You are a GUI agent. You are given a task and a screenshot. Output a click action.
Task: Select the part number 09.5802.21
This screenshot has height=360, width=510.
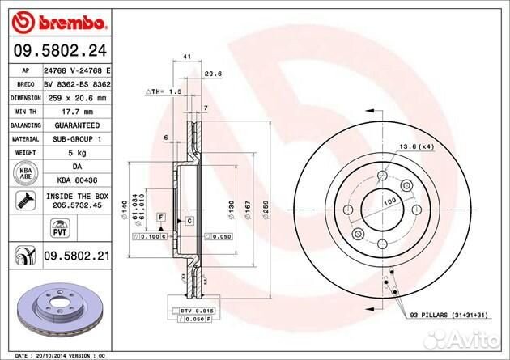click(75, 256)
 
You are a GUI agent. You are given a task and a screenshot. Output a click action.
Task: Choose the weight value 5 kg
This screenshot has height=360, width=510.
click(76, 153)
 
